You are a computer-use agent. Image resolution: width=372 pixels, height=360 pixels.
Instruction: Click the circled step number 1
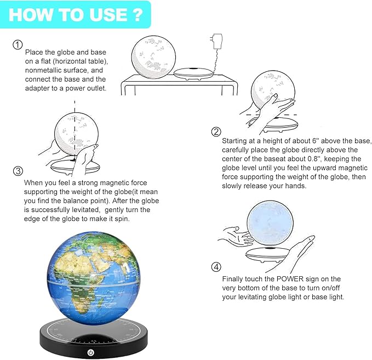coord(18,45)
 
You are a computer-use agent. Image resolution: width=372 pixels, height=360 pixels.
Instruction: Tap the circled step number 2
coord(216,132)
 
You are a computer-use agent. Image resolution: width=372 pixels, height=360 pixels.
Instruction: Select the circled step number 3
coord(18,170)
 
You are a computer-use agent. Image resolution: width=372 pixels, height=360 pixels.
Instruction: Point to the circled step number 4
coord(216,267)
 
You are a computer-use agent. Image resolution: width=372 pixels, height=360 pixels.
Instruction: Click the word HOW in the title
coord(29,14)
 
